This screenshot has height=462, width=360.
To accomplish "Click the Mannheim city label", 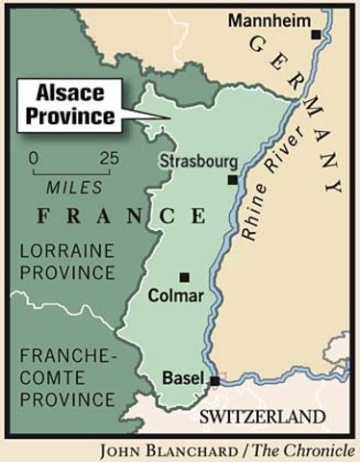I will coord(267,21).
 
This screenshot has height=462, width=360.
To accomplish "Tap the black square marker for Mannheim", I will coord(315,35).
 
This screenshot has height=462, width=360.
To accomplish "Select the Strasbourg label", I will coord(198,160).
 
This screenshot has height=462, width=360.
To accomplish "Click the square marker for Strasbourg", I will coord(232,180).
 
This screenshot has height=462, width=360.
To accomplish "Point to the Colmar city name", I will coord(177,297).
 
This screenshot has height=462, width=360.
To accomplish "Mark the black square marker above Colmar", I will coord(185,277).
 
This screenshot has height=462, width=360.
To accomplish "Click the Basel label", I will coord(183,377).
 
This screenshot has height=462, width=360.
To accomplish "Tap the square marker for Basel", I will coord(216,381).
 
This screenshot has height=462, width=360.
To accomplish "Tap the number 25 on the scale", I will coord(109,157).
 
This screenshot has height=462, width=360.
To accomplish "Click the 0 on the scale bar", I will coord(35,157).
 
